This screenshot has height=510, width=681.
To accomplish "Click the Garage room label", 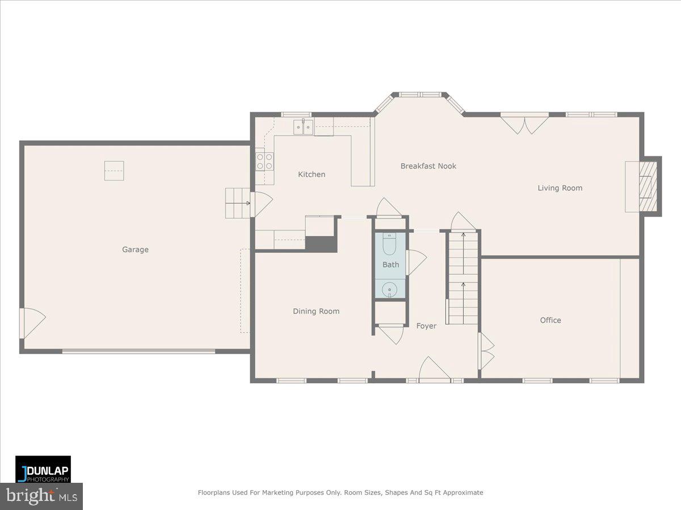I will point(135,249).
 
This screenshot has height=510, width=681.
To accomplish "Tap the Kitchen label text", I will point(312,175).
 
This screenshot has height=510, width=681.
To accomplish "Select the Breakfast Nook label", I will point(428,166).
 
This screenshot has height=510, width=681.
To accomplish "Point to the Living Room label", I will point(560,188).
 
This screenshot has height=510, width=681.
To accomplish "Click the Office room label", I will point(550,320).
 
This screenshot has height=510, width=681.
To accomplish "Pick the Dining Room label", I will point(316,311).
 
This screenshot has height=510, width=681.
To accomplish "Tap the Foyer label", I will point(426,326).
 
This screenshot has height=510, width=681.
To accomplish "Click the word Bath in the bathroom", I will point(390,265).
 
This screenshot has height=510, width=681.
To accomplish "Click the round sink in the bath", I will point(390,290).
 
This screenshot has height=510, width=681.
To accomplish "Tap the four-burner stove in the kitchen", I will point(264,161).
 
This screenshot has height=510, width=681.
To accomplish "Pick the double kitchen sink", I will point(304,127).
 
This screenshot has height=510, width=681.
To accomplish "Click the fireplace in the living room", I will point(646,186).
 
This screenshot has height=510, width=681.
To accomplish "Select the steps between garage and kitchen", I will point(238,203).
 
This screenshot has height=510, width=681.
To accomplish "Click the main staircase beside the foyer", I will point(463,278).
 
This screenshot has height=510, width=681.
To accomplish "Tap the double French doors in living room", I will point(524,124).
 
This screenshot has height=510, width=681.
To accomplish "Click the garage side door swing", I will point(31,322).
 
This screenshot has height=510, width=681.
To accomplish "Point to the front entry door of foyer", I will point(434,369).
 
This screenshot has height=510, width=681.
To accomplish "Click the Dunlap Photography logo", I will point(43,469).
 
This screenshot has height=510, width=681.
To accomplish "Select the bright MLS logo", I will point(41,496).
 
